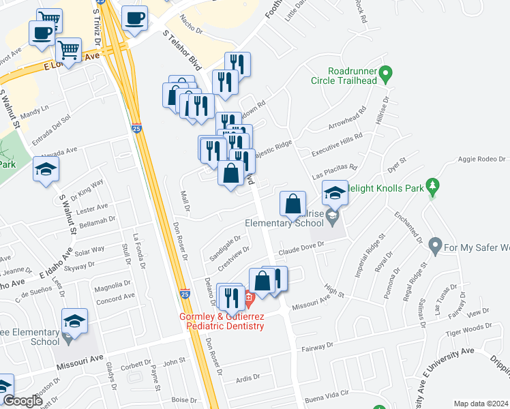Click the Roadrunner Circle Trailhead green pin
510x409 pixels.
[385, 72]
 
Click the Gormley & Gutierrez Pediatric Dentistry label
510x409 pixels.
[222, 322]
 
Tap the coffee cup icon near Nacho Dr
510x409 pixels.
[135, 18]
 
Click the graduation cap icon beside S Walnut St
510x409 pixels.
[46, 170]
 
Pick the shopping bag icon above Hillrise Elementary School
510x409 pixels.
[292, 202]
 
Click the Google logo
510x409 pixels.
[22, 401]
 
